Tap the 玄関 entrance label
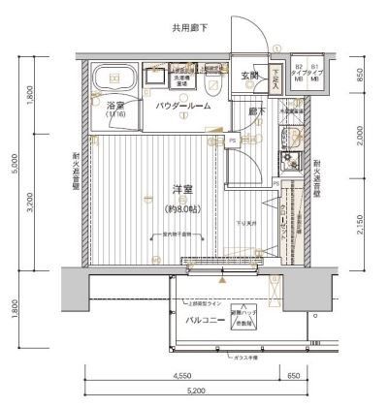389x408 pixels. coord(249,76)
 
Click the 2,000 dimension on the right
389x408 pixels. coord(360,136)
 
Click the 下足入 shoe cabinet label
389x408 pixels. coord(276,78)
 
